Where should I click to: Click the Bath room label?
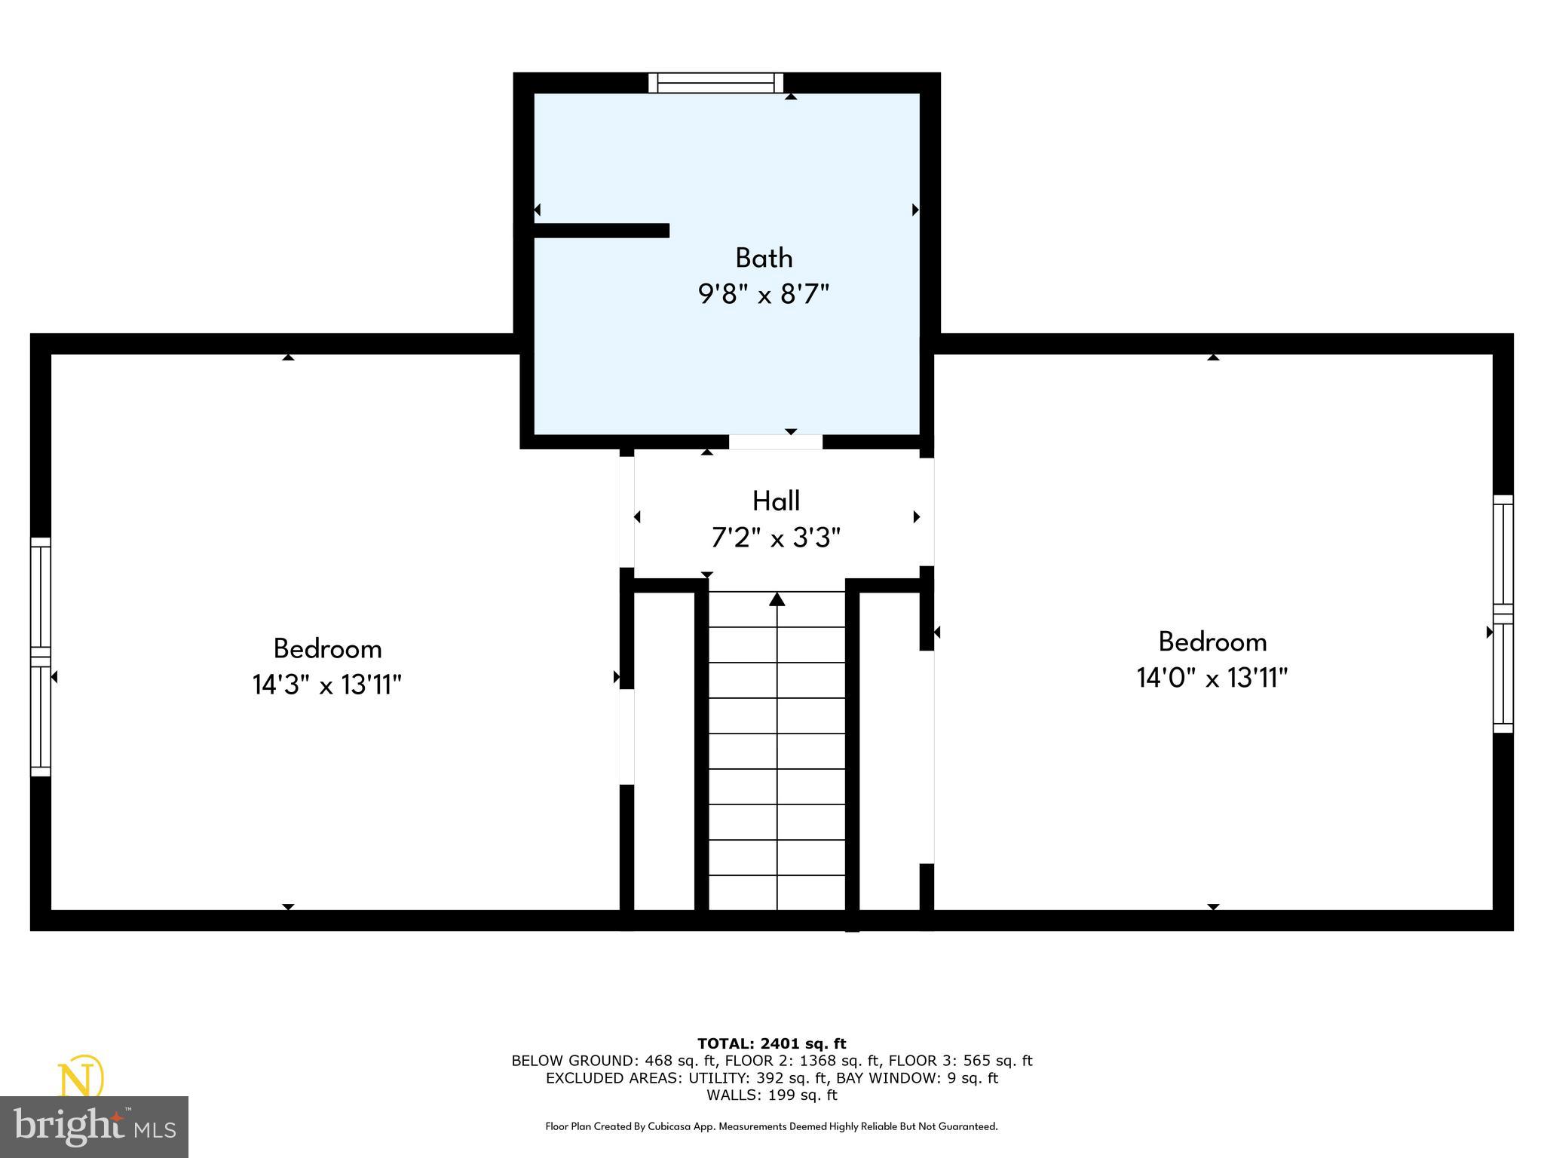[764, 258]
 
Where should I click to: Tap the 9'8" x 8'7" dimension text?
[763, 294]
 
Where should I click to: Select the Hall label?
[776, 501]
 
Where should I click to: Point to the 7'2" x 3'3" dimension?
[776, 538]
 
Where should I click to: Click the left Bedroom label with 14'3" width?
[327, 648]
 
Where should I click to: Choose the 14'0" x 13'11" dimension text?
[1212, 678]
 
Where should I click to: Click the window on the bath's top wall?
[715, 83]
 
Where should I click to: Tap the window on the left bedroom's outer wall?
[41, 657]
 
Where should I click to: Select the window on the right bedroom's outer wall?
[1503, 614]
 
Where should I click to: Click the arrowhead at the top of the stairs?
[777, 599]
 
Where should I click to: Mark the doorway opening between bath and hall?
[776, 443]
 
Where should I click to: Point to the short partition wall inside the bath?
[601, 231]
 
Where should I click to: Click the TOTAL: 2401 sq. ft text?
[771, 1043]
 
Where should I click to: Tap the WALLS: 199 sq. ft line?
[771, 1095]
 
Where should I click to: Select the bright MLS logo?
[94, 1127]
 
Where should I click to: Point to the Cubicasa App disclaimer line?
[771, 1126]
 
